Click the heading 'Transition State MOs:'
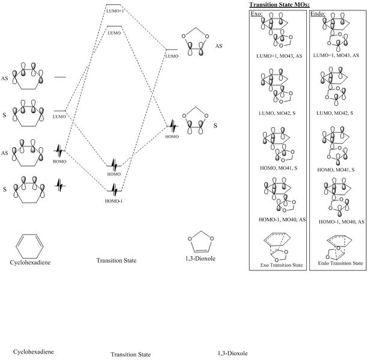280,5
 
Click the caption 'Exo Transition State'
275,264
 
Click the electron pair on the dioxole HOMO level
173,126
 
